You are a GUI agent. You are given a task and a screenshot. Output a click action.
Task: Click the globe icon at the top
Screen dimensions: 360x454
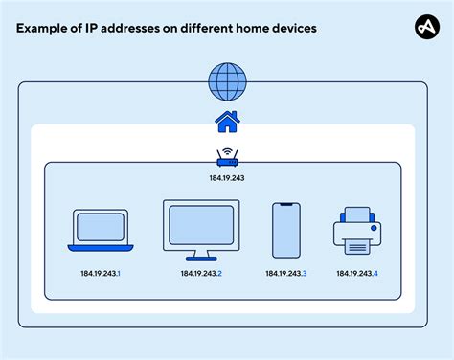(x=226, y=81)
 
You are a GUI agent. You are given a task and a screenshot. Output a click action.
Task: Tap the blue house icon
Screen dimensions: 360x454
(x=226, y=122)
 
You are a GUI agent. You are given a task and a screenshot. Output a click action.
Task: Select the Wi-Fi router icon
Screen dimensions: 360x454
(x=227, y=157)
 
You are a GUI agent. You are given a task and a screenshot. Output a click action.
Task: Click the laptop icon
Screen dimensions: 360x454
(x=101, y=230)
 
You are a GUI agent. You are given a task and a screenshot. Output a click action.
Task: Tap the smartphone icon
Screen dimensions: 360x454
(x=286, y=230)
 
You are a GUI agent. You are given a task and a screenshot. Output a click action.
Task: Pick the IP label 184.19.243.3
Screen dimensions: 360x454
(x=286, y=275)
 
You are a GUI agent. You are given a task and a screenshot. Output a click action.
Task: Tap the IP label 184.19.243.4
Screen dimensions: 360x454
(x=357, y=275)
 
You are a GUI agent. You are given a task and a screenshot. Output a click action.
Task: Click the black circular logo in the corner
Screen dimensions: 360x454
(x=425, y=29)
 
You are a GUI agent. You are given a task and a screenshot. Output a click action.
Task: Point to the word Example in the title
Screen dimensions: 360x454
(x=43, y=29)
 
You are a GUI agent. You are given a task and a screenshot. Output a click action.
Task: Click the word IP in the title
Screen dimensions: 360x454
(x=94, y=29)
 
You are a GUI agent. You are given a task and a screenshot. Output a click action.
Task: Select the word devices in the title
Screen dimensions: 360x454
(x=291, y=29)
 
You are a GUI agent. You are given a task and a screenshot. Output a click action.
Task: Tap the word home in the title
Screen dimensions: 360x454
(x=245, y=29)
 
